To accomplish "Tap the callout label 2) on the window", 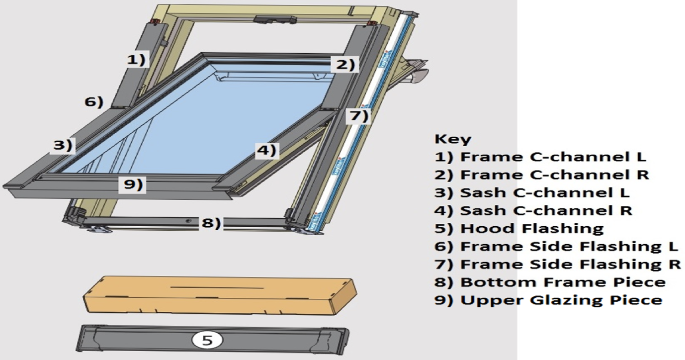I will coord(344,64).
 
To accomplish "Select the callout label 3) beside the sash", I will coord(64,145).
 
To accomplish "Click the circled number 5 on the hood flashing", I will coord(207,340).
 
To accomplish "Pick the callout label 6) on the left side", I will coord(93,102).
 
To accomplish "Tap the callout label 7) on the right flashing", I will coord(358,116).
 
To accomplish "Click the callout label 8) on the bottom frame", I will coord(210,223).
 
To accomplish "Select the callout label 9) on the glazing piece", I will coord(133,184).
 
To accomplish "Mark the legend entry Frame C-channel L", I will coord(540,157).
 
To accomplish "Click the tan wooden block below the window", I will coord(219,294).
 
